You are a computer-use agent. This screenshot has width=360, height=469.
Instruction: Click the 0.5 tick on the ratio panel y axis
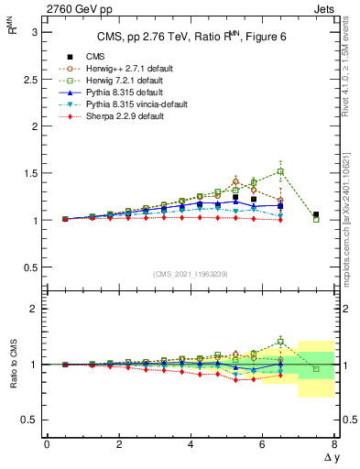click(x=30, y=420)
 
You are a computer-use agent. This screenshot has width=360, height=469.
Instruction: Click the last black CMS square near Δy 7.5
click(x=316, y=214)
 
